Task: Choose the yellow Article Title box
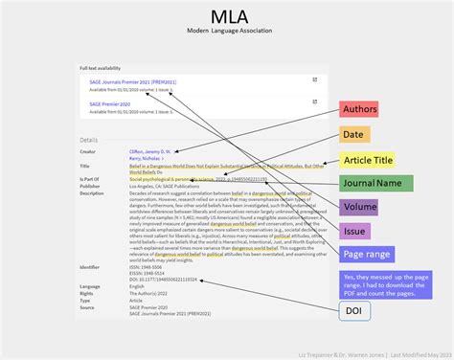click(372, 159)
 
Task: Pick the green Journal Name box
click(376, 183)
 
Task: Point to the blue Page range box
click(365, 255)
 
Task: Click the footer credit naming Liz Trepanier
click(371, 353)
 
